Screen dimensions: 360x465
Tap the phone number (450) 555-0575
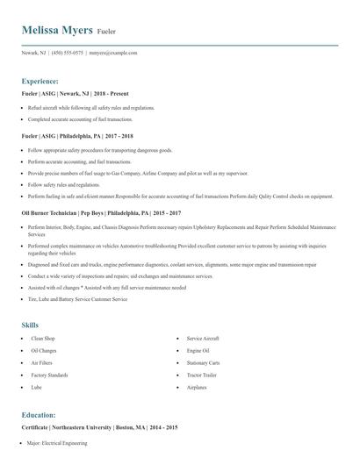click(x=68, y=53)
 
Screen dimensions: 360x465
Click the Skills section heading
click(x=30, y=325)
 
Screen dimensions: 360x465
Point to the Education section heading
click(x=39, y=414)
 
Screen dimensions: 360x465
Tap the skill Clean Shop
click(x=43, y=337)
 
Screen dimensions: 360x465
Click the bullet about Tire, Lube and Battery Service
click(x=77, y=299)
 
